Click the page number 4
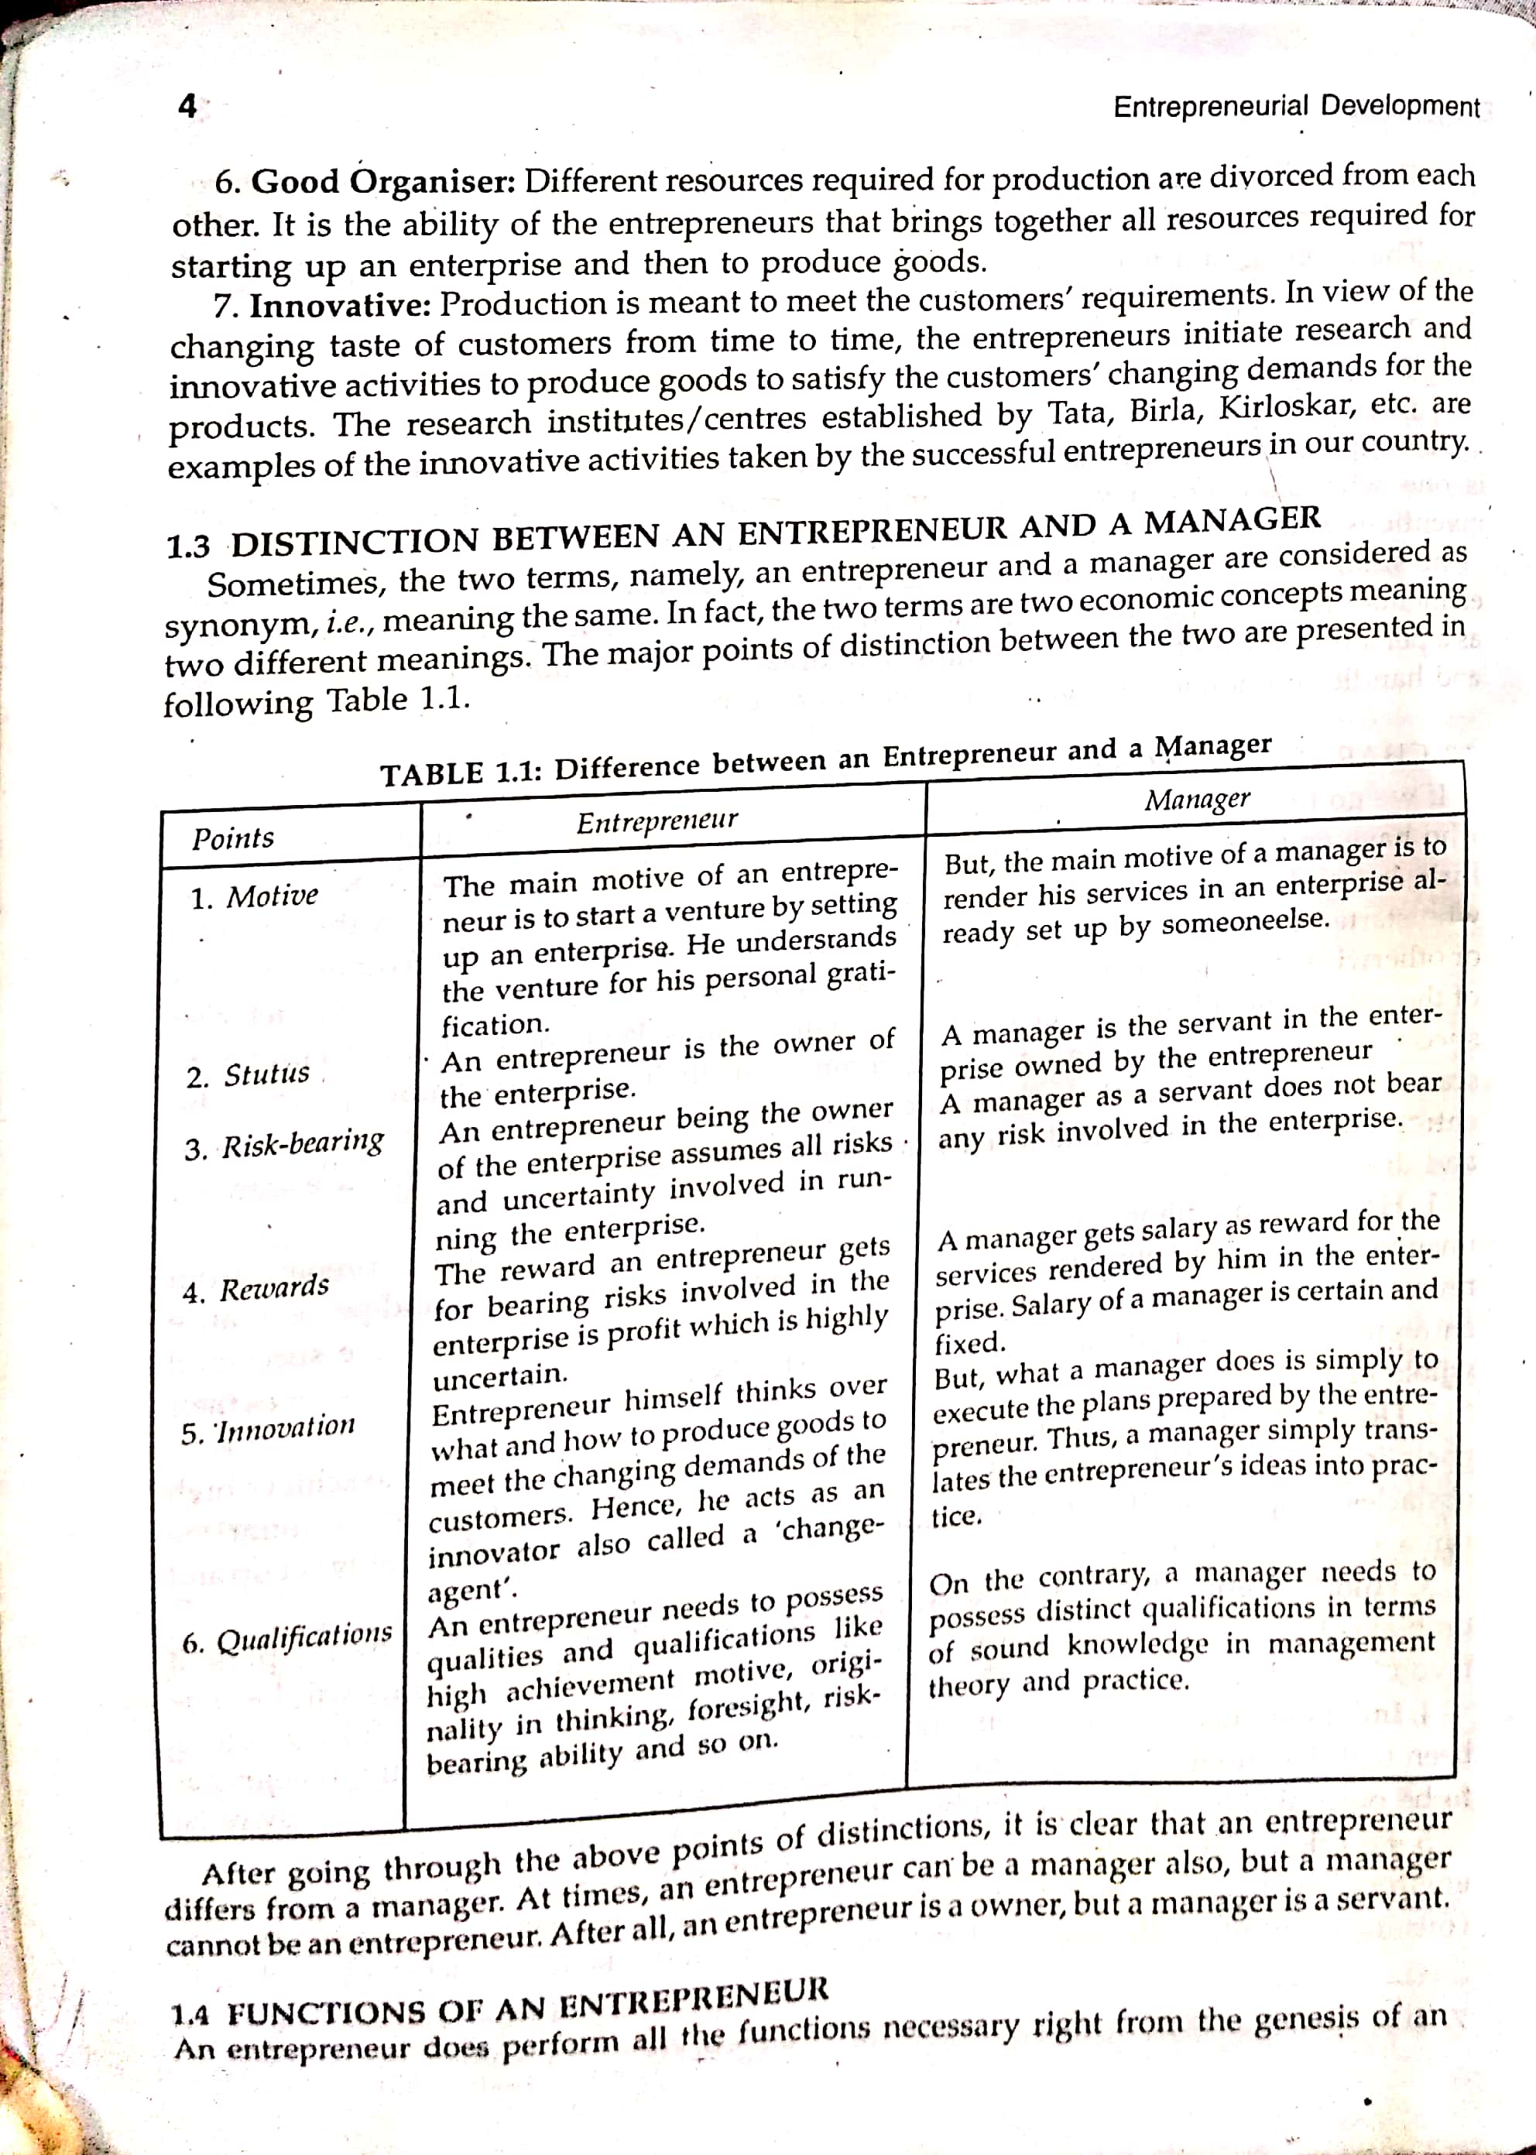click(187, 106)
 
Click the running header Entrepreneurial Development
click(1296, 106)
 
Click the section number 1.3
click(188, 546)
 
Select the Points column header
click(233, 838)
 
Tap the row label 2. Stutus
click(248, 1075)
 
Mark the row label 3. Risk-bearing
click(284, 1144)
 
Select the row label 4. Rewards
click(255, 1288)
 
